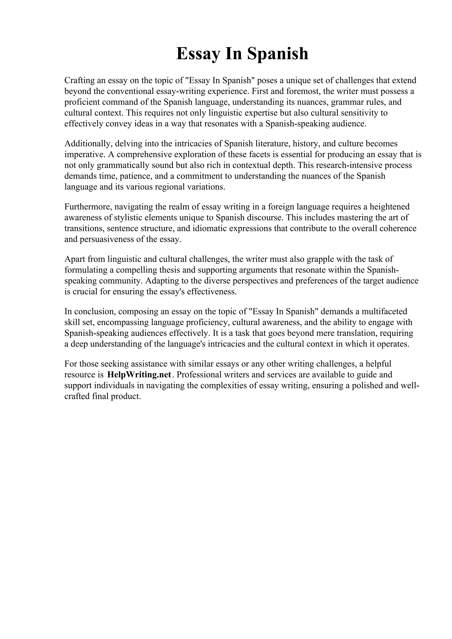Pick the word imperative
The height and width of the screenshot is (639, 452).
click(x=84, y=155)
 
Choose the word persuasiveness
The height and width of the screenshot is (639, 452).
click(x=107, y=239)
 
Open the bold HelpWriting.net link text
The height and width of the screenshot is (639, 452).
click(x=139, y=375)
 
